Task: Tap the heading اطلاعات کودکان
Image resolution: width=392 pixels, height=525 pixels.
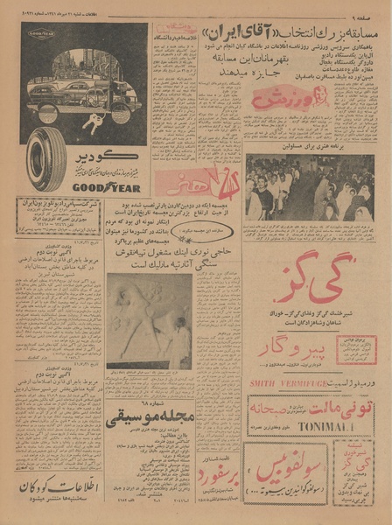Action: click(x=60, y=486)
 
